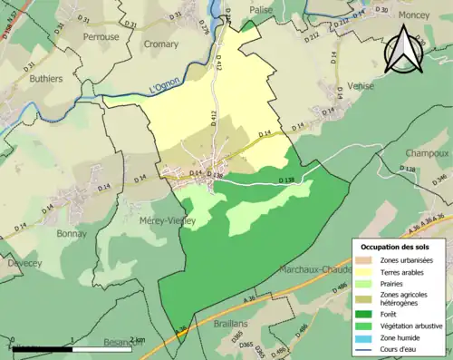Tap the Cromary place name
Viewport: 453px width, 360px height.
pyautogui.click(x=161, y=42)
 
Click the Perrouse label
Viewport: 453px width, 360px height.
pyautogui.click(x=101, y=37)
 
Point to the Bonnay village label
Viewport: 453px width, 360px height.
pyautogui.click(x=72, y=232)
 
